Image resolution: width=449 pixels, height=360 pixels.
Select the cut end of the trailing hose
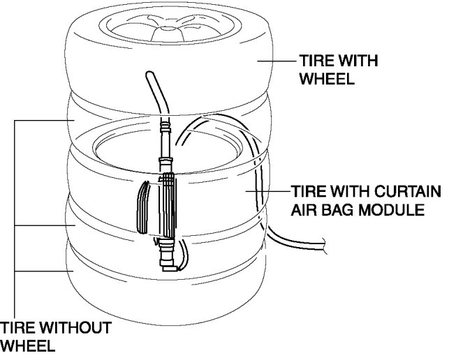point(327,244)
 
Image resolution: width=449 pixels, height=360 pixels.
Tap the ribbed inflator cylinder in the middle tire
point(168,205)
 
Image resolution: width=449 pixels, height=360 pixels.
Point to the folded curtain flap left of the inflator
point(144,207)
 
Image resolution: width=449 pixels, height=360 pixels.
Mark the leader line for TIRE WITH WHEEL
point(277,61)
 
